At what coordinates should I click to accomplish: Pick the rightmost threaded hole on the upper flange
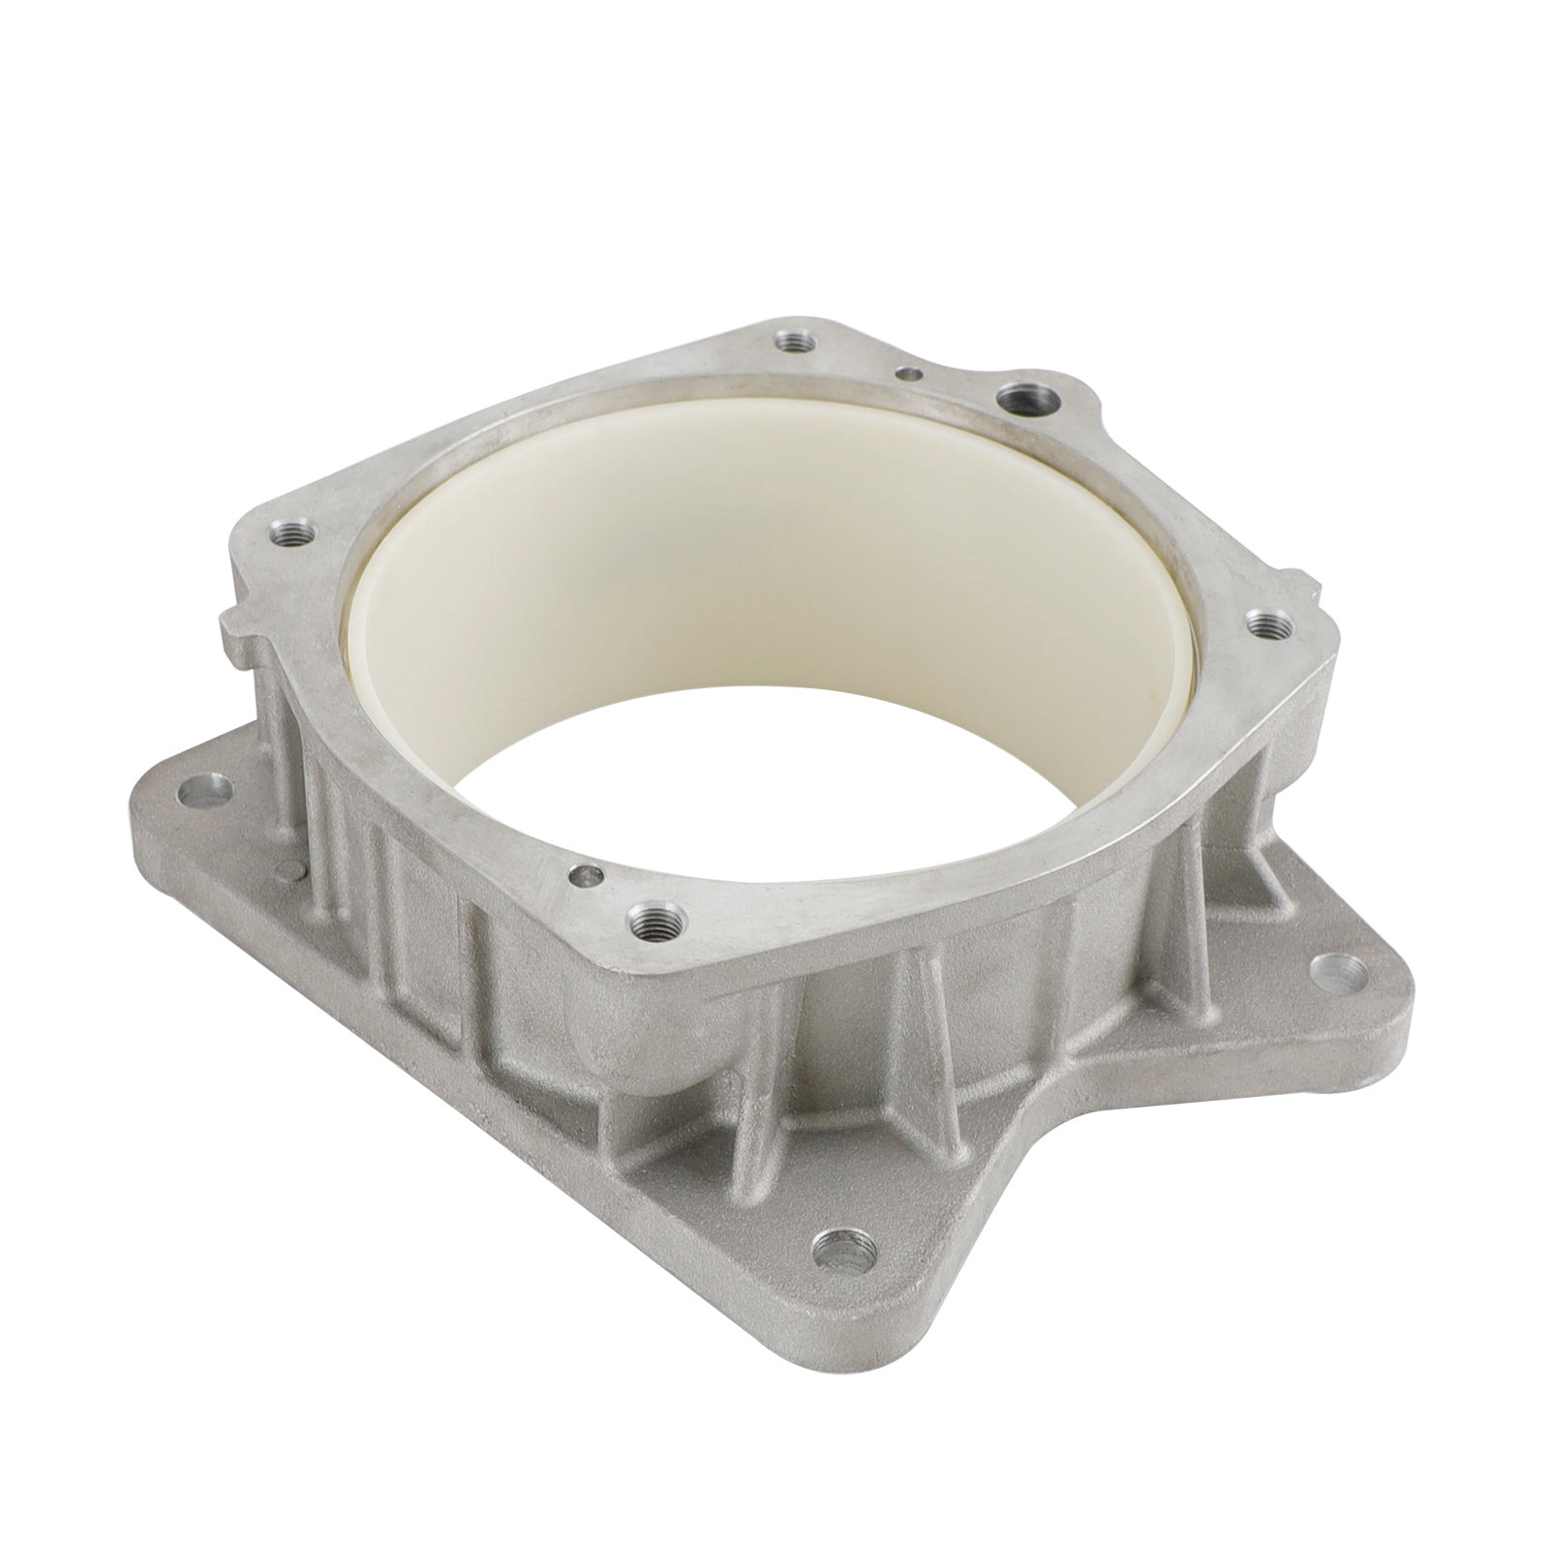click(1261, 624)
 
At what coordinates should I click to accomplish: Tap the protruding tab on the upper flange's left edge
click(235, 634)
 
